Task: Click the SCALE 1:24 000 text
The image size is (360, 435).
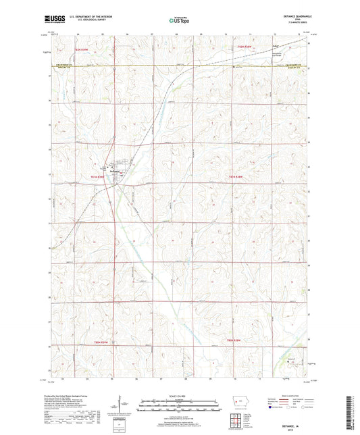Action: point(180,394)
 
